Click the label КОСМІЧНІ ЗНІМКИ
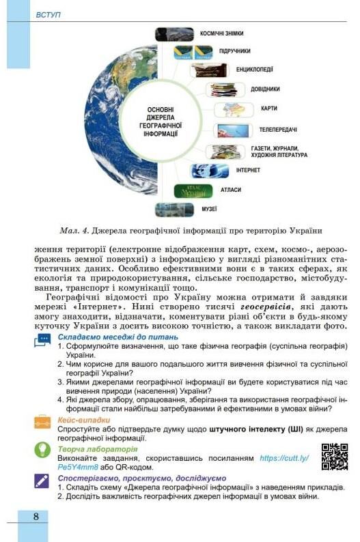point(222,33)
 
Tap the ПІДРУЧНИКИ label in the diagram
point(234,51)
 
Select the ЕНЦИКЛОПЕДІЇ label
point(255,69)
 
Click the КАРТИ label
point(268,109)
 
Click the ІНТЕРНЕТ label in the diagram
point(249,169)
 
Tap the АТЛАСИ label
point(231,190)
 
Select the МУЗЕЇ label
point(209,208)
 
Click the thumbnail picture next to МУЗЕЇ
point(174,209)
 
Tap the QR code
point(334,456)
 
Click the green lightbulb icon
point(42,449)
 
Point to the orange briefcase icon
point(42,423)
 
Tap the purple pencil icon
point(42,481)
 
